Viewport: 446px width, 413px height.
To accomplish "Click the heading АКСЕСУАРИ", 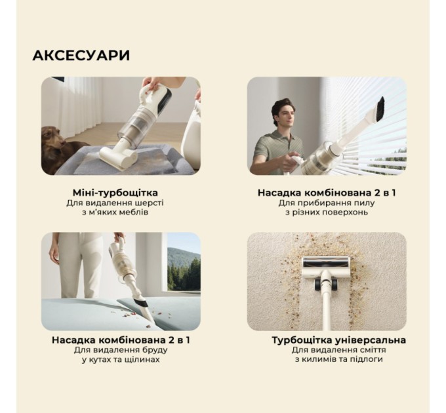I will pyautogui.click(x=81, y=56).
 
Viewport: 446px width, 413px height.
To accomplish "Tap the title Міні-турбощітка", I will pyautogui.click(x=115, y=193).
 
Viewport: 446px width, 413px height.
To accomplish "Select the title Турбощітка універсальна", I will pyautogui.click(x=338, y=340).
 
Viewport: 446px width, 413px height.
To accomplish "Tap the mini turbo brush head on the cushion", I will pyautogui.click(x=118, y=156).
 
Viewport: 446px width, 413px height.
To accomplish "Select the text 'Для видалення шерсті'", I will pyautogui.click(x=115, y=203).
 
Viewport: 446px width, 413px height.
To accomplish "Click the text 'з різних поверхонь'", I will pyautogui.click(x=326, y=212).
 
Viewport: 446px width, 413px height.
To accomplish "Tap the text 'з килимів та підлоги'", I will pyautogui.click(x=338, y=359).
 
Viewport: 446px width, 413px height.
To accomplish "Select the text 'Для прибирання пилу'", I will pyautogui.click(x=326, y=203).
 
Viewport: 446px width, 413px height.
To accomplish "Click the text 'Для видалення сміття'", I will pyautogui.click(x=338, y=350).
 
